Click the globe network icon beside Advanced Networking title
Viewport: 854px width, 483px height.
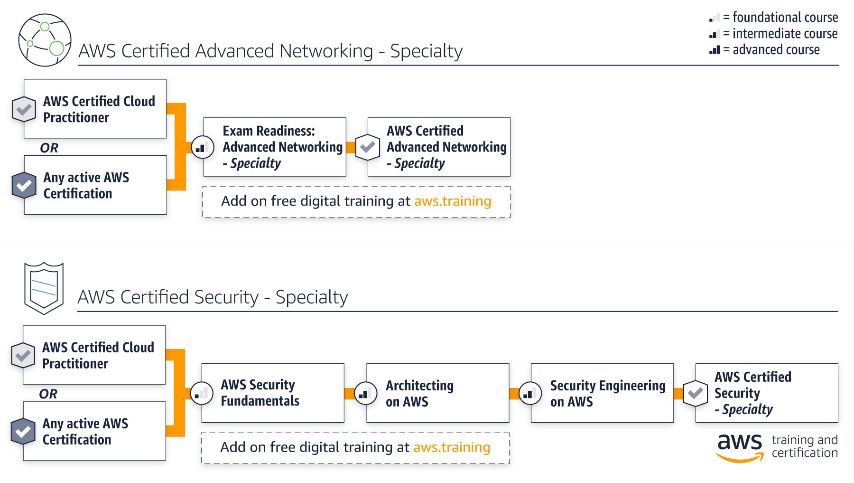[45, 40]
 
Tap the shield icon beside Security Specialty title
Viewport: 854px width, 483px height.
[44, 288]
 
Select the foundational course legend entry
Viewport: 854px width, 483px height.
[774, 18]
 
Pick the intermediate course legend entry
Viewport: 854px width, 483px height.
[774, 34]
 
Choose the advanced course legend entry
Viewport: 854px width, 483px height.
[765, 50]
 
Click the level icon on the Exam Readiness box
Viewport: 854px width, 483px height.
[202, 147]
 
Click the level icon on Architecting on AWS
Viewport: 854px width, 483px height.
[366, 393]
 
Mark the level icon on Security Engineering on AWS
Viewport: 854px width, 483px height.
[530, 393]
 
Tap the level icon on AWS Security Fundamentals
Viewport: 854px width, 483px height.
[202, 393]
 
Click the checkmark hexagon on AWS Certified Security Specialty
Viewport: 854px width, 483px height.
[696, 393]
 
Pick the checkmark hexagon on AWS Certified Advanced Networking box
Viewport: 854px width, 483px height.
[367, 147]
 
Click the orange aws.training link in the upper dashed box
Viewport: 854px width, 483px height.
[453, 201]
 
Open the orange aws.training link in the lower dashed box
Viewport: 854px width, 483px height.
[452, 447]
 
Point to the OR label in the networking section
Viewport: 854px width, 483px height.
[49, 148]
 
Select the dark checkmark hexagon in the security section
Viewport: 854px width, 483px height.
[23, 431]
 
